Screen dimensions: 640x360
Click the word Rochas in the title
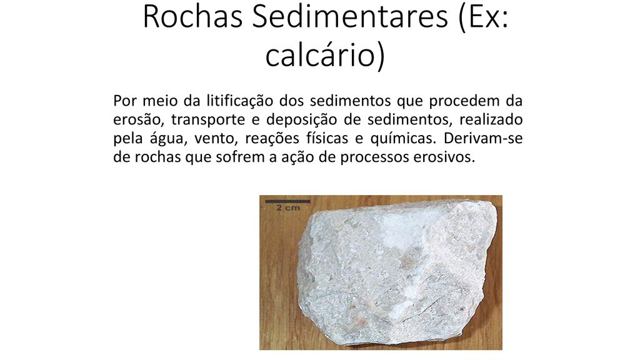193,17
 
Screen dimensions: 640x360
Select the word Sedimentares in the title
350,17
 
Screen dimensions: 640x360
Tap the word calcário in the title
319,55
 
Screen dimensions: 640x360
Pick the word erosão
137,120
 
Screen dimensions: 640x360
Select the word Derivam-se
483,138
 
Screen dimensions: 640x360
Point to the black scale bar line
287,201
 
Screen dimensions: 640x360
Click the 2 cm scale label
288,207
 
